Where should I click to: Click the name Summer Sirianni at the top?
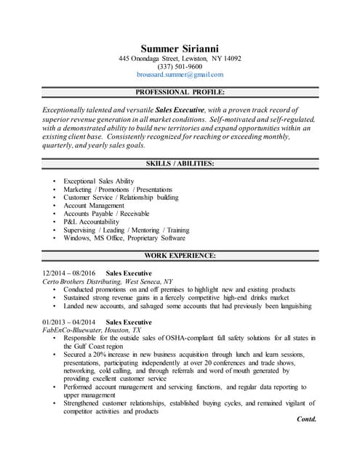click(180, 47)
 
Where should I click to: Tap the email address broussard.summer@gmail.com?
click(180, 75)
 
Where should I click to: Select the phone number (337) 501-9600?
click(180, 67)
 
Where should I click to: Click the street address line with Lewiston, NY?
click(180, 58)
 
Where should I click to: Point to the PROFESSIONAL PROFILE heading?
click(180, 92)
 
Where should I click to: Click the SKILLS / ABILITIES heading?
click(180, 164)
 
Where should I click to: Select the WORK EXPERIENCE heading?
click(180, 256)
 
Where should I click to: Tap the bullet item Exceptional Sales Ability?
click(98, 180)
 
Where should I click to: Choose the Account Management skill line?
click(94, 206)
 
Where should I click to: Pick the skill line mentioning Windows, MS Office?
click(124, 238)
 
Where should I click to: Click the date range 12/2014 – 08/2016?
click(69, 272)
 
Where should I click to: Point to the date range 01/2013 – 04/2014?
click(69, 322)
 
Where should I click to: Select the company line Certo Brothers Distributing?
click(108, 280)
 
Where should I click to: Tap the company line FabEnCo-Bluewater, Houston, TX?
click(92, 330)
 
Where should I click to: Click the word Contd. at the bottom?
click(307, 419)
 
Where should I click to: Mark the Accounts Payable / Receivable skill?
click(106, 214)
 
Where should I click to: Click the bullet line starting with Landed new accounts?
click(187, 306)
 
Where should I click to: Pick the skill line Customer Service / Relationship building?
click(121, 197)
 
